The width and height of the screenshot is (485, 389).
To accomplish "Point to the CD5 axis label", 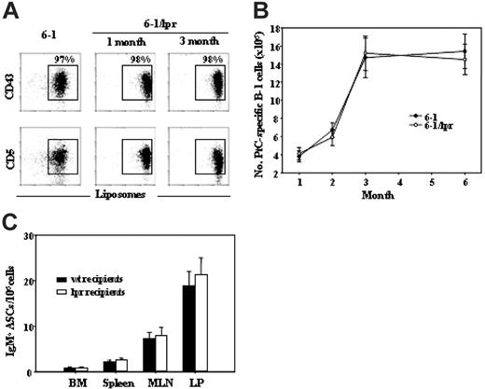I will pos(11,157).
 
